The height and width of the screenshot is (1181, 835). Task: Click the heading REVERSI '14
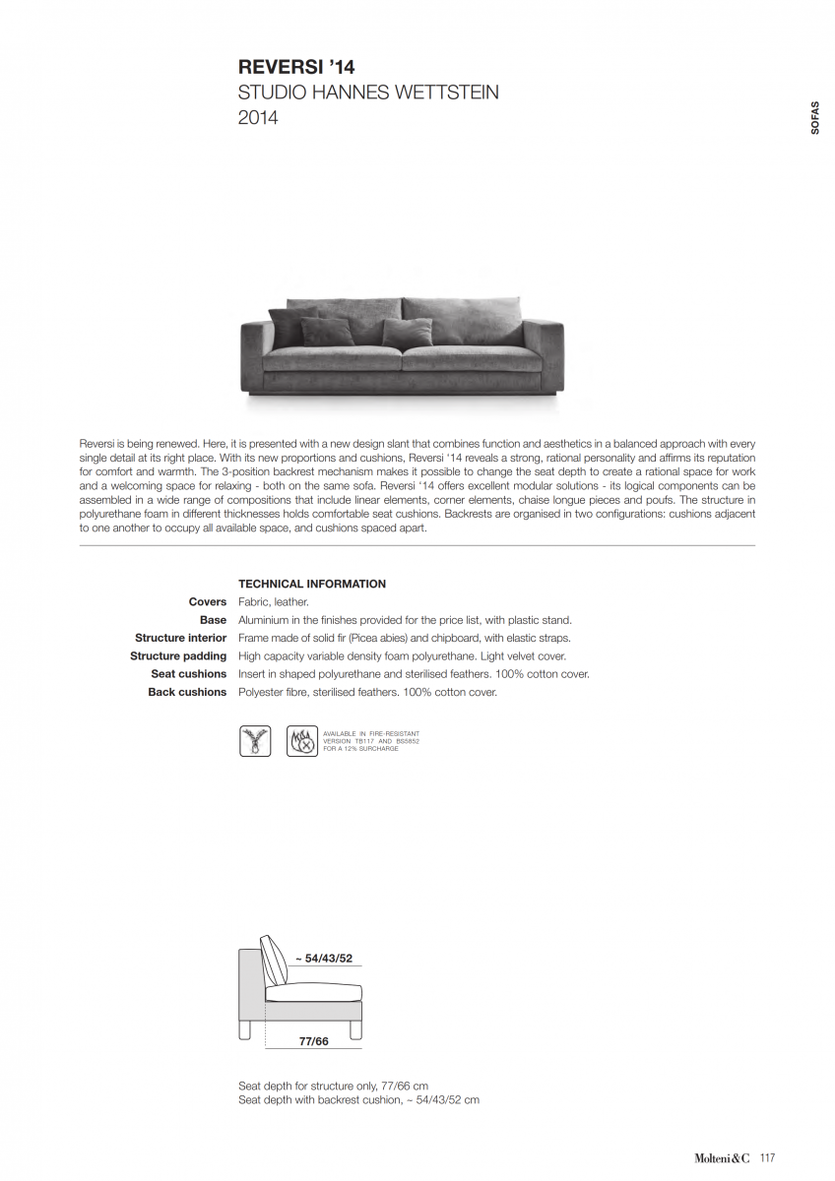[296, 67]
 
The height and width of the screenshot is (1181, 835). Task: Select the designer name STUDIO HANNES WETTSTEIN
[368, 93]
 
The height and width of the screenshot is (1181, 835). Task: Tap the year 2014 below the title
[258, 118]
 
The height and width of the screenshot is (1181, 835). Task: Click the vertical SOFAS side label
[815, 117]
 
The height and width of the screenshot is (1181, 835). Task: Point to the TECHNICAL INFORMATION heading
[312, 584]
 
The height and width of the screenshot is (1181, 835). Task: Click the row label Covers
[208, 601]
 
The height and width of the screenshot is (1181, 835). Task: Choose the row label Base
[213, 620]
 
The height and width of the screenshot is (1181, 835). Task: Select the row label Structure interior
[180, 638]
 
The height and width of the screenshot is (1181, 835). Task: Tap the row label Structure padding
[178, 655]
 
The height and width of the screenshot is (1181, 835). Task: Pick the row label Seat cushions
[188, 674]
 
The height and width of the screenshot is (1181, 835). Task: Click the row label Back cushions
[187, 692]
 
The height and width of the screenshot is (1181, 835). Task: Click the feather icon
[255, 741]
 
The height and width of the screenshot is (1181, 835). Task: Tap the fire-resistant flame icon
[302, 741]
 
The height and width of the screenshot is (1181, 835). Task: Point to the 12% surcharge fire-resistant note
[371, 741]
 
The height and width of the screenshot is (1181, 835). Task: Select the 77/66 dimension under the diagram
[313, 1040]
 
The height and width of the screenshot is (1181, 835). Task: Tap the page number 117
[768, 1158]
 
